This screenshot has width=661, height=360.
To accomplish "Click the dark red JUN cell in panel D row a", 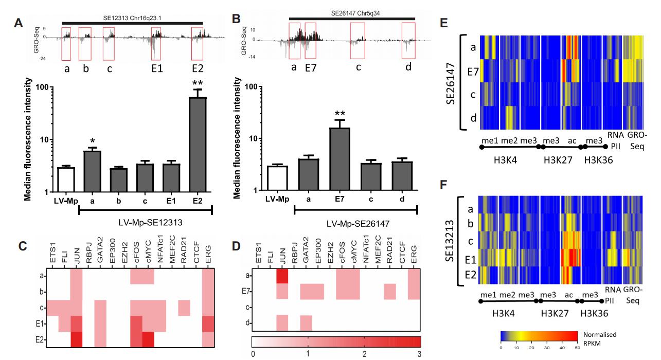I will pyautogui.click(x=282, y=276).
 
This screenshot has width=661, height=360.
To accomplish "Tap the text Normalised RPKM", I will pyautogui.click(x=601, y=337).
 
